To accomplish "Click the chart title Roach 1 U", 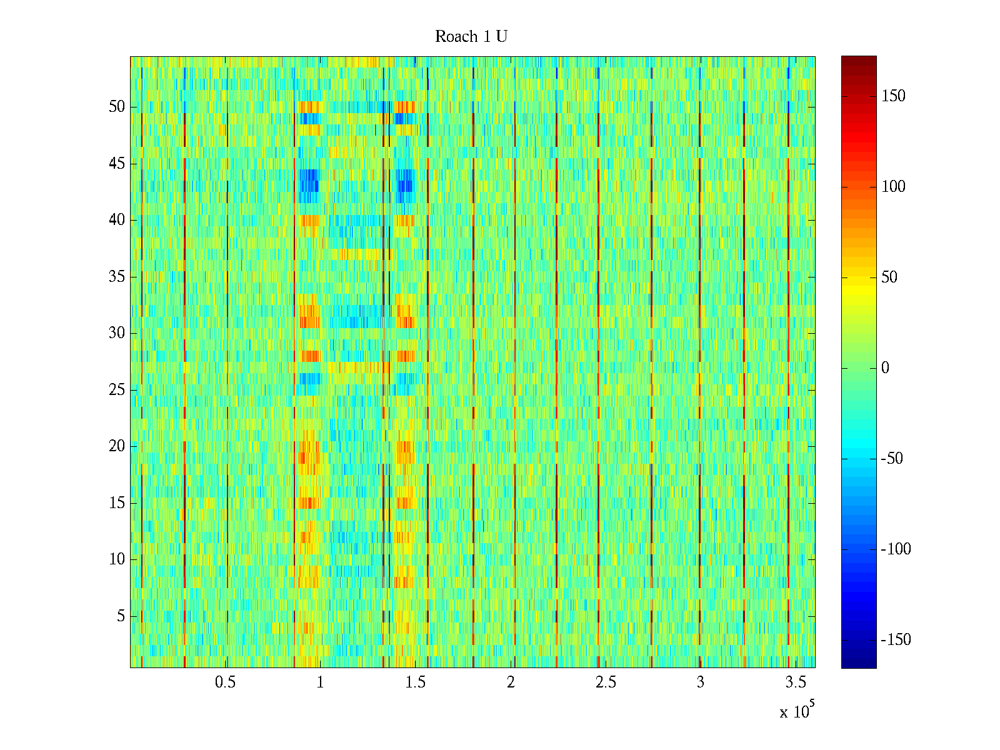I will (x=471, y=37).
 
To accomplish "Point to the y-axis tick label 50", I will (x=117, y=107).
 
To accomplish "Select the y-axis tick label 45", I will (x=117, y=164).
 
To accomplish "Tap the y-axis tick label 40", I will (x=117, y=220).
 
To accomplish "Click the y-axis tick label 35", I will (x=117, y=277).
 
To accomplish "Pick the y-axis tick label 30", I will (x=117, y=333).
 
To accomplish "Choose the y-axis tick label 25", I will (x=117, y=390).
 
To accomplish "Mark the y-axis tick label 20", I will (x=117, y=446).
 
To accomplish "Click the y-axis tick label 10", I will (x=117, y=559).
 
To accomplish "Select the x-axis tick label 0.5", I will (x=225, y=682).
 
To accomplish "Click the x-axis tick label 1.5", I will (x=415, y=682).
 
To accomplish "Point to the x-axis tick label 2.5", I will (x=606, y=682).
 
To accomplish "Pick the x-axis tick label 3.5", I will (x=796, y=682).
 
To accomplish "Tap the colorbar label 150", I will (x=893, y=96).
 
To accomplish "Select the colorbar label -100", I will (x=896, y=549).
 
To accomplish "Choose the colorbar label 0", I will (x=885, y=368).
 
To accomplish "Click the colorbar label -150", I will (x=896, y=640).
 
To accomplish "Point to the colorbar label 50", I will (x=889, y=277).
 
